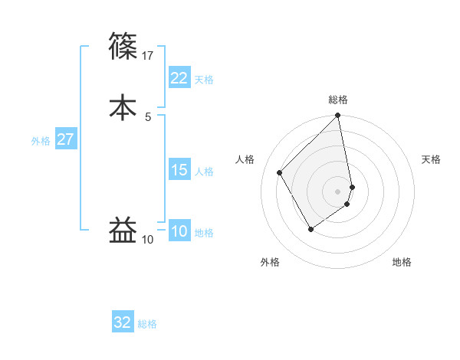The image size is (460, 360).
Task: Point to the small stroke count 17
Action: pyautogui.click(x=149, y=55)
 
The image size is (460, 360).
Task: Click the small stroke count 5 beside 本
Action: pyautogui.click(x=148, y=116)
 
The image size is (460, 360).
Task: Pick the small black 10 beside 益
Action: pyautogui.click(x=148, y=240)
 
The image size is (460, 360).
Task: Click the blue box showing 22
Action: pyautogui.click(x=179, y=78)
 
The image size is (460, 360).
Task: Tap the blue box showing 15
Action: pyautogui.click(x=179, y=170)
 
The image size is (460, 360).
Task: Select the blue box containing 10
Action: pyautogui.click(x=179, y=231)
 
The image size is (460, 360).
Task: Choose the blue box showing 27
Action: pyautogui.click(x=66, y=139)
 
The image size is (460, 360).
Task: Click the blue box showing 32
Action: pyautogui.click(x=123, y=322)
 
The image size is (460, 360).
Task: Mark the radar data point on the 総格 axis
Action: pyautogui.click(x=338, y=116)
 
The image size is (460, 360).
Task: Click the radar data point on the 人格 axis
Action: pyautogui.click(x=280, y=172)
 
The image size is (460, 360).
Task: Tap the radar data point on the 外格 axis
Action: pyautogui.click(x=310, y=229)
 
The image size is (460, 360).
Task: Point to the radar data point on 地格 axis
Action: pyautogui.click(x=347, y=204)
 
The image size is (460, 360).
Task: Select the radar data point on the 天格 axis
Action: pyautogui.click(x=352, y=187)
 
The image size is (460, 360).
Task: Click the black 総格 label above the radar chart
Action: pyautogui.click(x=338, y=100)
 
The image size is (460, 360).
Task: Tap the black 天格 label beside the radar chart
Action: pyautogui.click(x=431, y=159)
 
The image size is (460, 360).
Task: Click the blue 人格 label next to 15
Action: pyautogui.click(x=204, y=172)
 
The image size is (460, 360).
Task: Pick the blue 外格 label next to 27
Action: pyautogui.click(x=41, y=141)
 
